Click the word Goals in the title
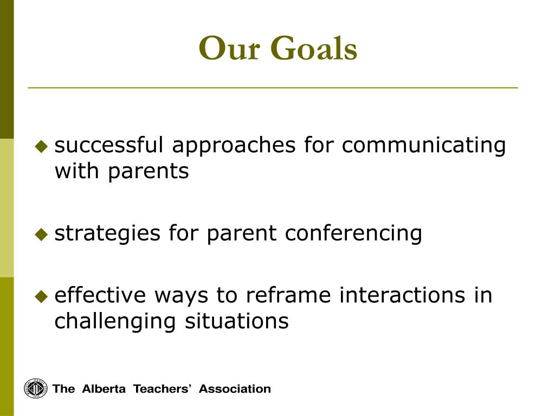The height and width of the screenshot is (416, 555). click(314, 48)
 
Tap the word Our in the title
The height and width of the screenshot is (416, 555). click(230, 48)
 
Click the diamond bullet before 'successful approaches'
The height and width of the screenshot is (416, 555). click(41, 146)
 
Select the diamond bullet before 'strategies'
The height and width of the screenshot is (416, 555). click(41, 234)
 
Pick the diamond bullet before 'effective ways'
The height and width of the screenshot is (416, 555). click(41, 296)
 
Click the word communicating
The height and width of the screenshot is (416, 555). click(424, 145)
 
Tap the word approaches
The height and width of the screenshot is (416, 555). click(234, 145)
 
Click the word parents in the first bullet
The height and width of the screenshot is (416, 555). click(149, 172)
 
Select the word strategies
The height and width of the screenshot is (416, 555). click(107, 233)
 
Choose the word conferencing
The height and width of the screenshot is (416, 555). click(353, 233)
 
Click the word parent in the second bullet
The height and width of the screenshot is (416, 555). click(241, 234)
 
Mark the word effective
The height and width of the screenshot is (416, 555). click(100, 295)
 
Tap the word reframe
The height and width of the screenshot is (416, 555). click(288, 295)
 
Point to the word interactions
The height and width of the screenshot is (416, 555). click(402, 295)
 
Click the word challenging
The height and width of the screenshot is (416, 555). click(115, 322)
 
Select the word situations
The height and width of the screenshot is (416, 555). click(237, 321)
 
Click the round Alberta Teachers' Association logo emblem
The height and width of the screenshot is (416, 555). click(36, 388)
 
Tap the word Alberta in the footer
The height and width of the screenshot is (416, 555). click(104, 389)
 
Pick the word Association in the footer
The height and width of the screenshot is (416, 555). click(235, 389)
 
